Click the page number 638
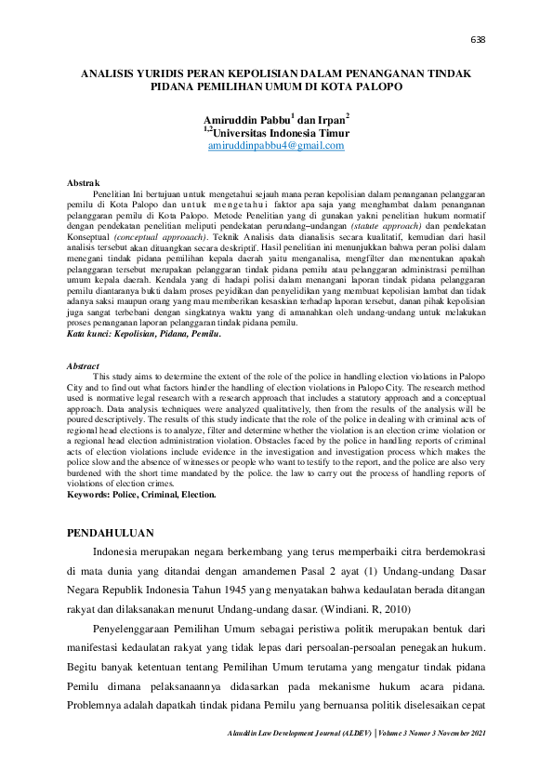(480, 39)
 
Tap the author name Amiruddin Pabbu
(245, 120)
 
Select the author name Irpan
(330, 120)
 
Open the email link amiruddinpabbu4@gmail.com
(276, 146)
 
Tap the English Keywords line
(142, 495)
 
